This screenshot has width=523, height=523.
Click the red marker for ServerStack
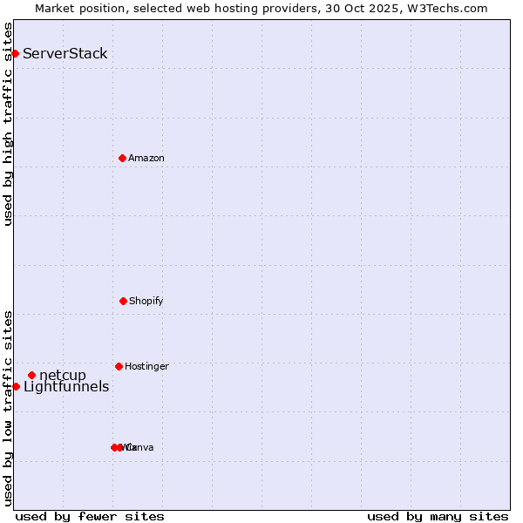[x=15, y=53]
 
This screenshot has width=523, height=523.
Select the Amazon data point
[x=122, y=158]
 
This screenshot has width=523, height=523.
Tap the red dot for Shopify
[x=123, y=301]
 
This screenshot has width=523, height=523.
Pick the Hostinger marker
[x=119, y=366]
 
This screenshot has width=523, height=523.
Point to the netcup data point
[x=31, y=375]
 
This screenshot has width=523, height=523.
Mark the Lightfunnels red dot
[x=16, y=386]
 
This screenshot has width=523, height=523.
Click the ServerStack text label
[x=65, y=53]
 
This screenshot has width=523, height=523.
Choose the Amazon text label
[x=146, y=158]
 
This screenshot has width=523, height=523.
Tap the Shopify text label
[x=146, y=301]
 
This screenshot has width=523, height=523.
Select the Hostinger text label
[x=146, y=366]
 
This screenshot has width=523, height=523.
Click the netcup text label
[x=63, y=375]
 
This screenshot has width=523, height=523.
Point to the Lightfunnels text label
[x=66, y=386]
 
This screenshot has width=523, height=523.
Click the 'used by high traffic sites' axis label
[x=8, y=124]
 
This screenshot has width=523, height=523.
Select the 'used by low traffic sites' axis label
[x=8, y=408]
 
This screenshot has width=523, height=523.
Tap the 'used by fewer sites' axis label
[x=90, y=516]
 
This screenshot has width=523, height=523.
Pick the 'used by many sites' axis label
[x=438, y=516]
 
